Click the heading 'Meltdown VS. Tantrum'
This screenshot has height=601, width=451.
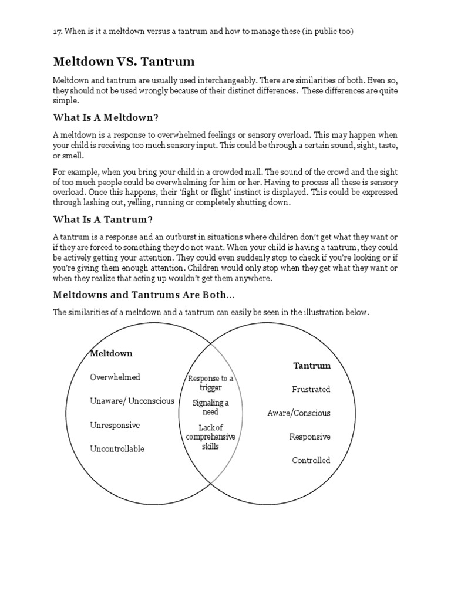[x=124, y=61]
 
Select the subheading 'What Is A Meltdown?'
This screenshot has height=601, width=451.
[x=106, y=117]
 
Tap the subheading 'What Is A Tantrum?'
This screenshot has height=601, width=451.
[x=103, y=220]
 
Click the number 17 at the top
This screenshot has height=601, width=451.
[x=57, y=31]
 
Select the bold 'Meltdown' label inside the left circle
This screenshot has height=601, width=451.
[x=112, y=353]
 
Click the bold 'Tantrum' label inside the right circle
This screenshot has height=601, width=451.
[x=312, y=366]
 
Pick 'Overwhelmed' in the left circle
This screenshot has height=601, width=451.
[x=115, y=377]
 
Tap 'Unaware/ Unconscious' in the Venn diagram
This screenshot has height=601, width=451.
[x=132, y=401]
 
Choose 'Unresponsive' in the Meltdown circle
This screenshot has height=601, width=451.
[x=115, y=425]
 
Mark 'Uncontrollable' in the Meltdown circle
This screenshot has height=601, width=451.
[x=117, y=449]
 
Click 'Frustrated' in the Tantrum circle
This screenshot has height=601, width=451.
[x=311, y=389]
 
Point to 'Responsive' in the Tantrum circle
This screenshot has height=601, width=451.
[x=309, y=437]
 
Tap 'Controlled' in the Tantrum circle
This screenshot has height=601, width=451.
[x=311, y=460]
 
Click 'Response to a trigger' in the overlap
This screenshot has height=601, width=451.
[x=211, y=383]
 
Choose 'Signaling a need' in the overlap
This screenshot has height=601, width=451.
[x=211, y=407]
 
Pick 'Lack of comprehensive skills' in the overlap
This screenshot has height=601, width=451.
[x=211, y=437]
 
